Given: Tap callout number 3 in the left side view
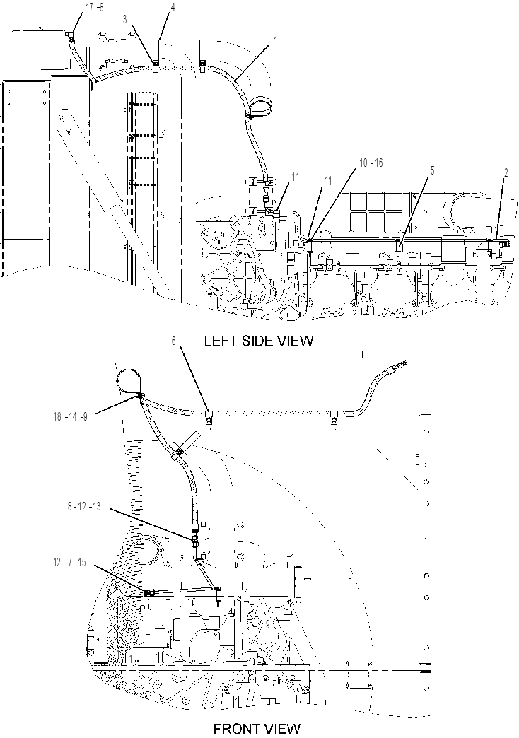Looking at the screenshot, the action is point(125,19).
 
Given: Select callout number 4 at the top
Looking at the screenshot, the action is point(173,8).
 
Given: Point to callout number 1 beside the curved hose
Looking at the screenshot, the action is point(276,41).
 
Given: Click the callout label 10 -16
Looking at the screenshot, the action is point(371,163).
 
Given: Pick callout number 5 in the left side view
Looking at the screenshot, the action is point(432,171).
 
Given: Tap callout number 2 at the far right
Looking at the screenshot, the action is point(506,173).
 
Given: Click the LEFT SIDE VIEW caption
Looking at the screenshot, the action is point(259,340).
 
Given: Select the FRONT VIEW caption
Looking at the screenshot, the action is point(257,729).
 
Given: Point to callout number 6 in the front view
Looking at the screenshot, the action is point(173,341).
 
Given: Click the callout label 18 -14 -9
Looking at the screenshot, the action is point(71,416).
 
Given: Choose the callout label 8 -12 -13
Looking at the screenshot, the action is point(84,508).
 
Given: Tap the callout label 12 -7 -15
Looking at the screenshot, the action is point(70,563).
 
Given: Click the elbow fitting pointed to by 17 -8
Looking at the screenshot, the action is point(69,33).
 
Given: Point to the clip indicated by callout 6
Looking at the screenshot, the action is point(208,416).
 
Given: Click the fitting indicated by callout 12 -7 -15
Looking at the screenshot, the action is point(148,593).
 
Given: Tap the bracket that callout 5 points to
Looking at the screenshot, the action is point(398,245).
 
